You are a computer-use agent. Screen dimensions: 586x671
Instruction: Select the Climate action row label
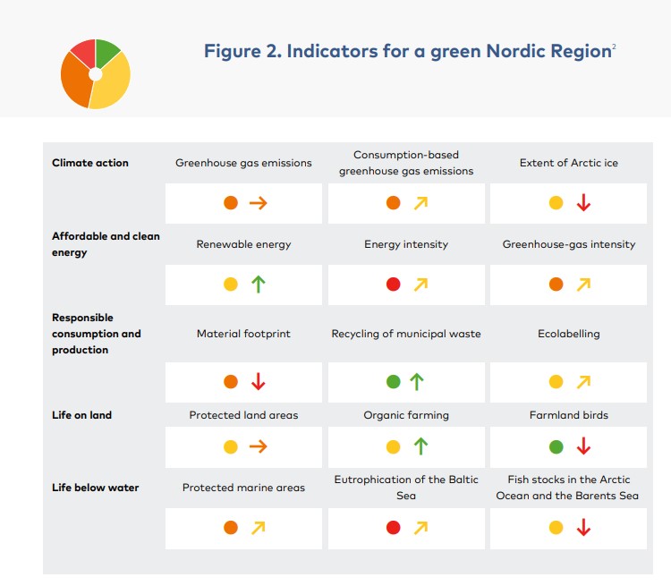90,163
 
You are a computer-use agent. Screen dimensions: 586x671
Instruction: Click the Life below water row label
95,488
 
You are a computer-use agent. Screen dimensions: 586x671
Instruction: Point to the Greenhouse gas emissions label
243,163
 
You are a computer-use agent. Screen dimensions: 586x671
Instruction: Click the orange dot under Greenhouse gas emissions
231,203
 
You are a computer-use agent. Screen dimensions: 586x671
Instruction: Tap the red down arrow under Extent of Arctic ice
583,203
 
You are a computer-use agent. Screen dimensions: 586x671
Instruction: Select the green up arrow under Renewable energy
259,285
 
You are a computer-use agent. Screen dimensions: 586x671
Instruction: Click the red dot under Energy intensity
393,285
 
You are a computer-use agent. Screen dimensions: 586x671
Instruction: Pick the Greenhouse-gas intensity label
568,244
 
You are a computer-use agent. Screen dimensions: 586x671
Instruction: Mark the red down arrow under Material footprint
259,382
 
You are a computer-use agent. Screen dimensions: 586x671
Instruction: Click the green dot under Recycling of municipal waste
393,382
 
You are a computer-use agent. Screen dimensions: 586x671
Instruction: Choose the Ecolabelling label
568,334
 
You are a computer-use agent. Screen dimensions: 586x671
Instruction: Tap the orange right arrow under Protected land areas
259,446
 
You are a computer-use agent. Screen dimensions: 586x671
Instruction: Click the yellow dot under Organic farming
393,446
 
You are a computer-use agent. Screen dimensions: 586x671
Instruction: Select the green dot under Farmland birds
556,446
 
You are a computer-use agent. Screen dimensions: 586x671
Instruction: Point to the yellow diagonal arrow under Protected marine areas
259,528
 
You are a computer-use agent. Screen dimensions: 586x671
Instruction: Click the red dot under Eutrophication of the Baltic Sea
393,528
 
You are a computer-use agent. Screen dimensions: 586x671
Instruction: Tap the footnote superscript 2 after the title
614,46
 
